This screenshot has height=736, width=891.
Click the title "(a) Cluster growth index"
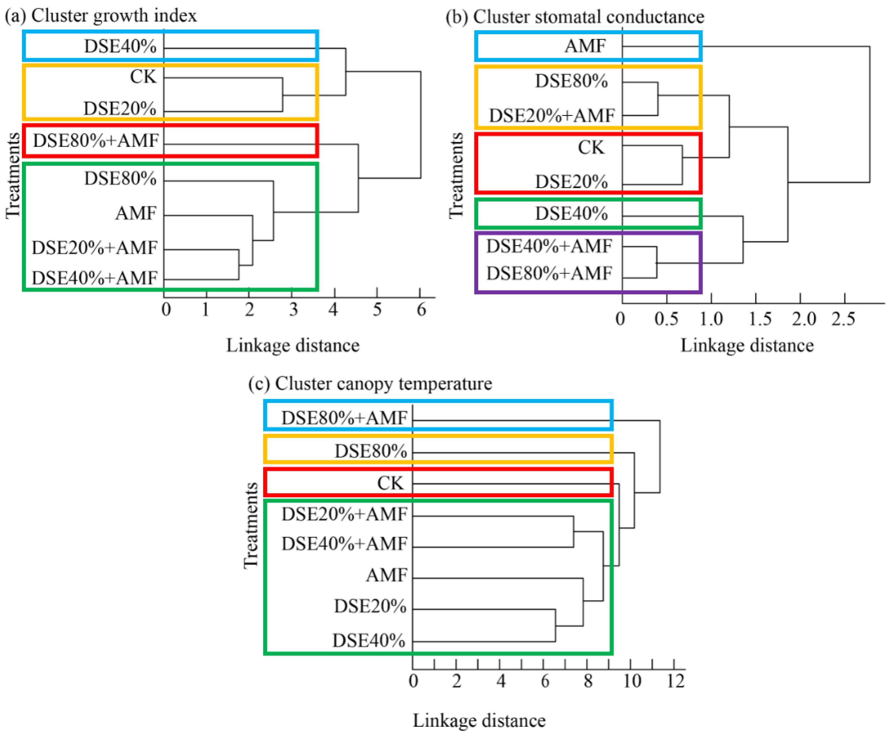[101, 16]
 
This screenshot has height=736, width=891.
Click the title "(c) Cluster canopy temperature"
[370, 384]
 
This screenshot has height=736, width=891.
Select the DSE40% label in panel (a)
[120, 46]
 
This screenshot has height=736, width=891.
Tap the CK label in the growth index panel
[143, 77]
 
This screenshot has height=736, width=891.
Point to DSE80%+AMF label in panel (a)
[96, 140]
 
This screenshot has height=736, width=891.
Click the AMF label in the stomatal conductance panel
[585, 46]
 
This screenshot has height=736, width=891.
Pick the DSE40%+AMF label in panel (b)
[549, 246]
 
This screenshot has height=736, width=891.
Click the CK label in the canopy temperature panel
[390, 483]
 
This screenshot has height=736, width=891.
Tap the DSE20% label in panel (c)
[370, 606]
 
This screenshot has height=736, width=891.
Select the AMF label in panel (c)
[386, 575]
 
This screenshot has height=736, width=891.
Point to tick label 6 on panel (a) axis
[421, 309]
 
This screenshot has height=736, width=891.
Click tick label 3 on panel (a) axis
[293, 309]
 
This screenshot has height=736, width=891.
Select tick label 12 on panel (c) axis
[676, 681]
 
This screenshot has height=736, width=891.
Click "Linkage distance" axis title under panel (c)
[479, 721]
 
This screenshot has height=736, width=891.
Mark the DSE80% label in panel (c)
[371, 451]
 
